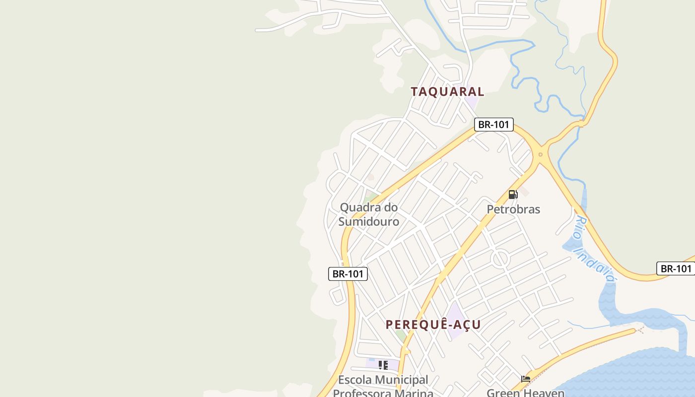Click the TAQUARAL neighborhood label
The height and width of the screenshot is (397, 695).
click(x=447, y=91)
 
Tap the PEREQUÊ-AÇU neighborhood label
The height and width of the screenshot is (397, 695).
click(x=433, y=325)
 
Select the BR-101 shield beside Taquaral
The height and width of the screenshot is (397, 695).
click(x=493, y=125)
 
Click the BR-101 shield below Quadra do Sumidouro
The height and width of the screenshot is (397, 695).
click(x=348, y=273)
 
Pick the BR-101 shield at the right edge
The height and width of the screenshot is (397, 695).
click(x=676, y=268)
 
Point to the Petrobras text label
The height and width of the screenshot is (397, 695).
click(x=513, y=209)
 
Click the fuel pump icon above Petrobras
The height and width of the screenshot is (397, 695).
click(x=513, y=195)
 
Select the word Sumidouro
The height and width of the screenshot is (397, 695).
click(x=368, y=221)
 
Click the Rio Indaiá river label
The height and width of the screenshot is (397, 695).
click(x=594, y=249)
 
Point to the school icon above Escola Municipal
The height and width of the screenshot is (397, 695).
click(x=383, y=366)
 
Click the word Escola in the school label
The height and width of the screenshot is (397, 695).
click(x=354, y=380)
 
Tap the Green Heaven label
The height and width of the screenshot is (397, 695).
click(x=525, y=393)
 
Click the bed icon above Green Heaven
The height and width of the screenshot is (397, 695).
click(x=526, y=380)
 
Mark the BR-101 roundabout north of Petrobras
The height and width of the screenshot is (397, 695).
click(x=541, y=154)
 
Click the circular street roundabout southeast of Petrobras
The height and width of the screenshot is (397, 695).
click(x=500, y=259)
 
